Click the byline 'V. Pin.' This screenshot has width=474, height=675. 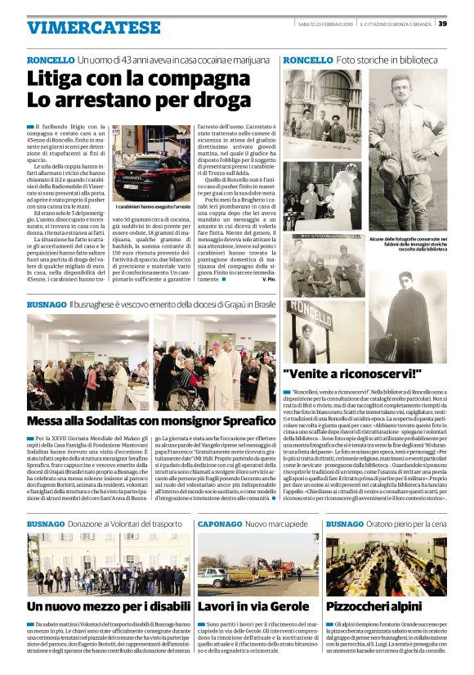pyautogui.click(x=267, y=279)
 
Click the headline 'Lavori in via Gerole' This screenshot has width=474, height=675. pyautogui.click(x=250, y=606)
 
